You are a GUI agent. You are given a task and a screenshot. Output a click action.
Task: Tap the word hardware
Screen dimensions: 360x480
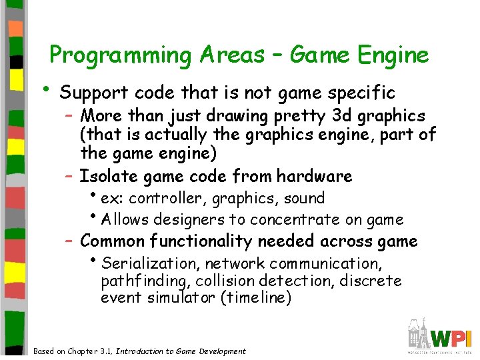[x=315, y=176]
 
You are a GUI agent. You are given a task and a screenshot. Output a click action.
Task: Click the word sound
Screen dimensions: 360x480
[x=304, y=198]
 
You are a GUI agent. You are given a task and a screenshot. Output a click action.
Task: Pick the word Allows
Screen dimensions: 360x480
[x=127, y=219]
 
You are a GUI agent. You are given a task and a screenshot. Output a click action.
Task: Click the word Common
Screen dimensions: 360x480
[x=113, y=241]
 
